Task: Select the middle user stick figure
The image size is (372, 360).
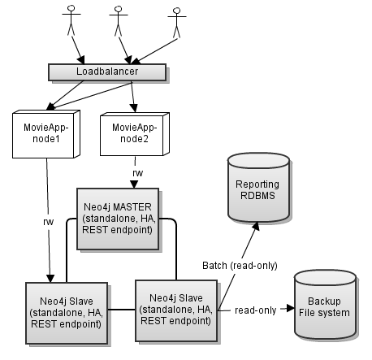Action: (x=119, y=22)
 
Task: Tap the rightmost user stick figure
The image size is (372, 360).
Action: (x=176, y=23)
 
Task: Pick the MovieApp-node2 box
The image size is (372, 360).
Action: (x=130, y=131)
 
